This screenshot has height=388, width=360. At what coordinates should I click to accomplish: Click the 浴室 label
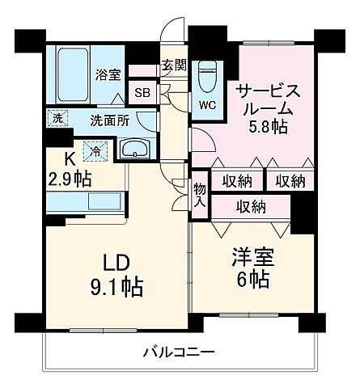[109, 74]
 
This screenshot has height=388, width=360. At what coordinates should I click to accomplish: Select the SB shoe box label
[142, 91]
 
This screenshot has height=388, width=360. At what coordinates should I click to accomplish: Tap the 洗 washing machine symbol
[56, 117]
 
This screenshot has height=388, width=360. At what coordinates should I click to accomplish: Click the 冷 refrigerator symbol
[95, 150]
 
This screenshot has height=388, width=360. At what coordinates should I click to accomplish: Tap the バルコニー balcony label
[179, 352]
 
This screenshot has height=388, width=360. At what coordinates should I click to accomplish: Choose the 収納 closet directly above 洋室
[252, 206]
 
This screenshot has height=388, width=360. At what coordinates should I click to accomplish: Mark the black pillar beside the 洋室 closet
[302, 213]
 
